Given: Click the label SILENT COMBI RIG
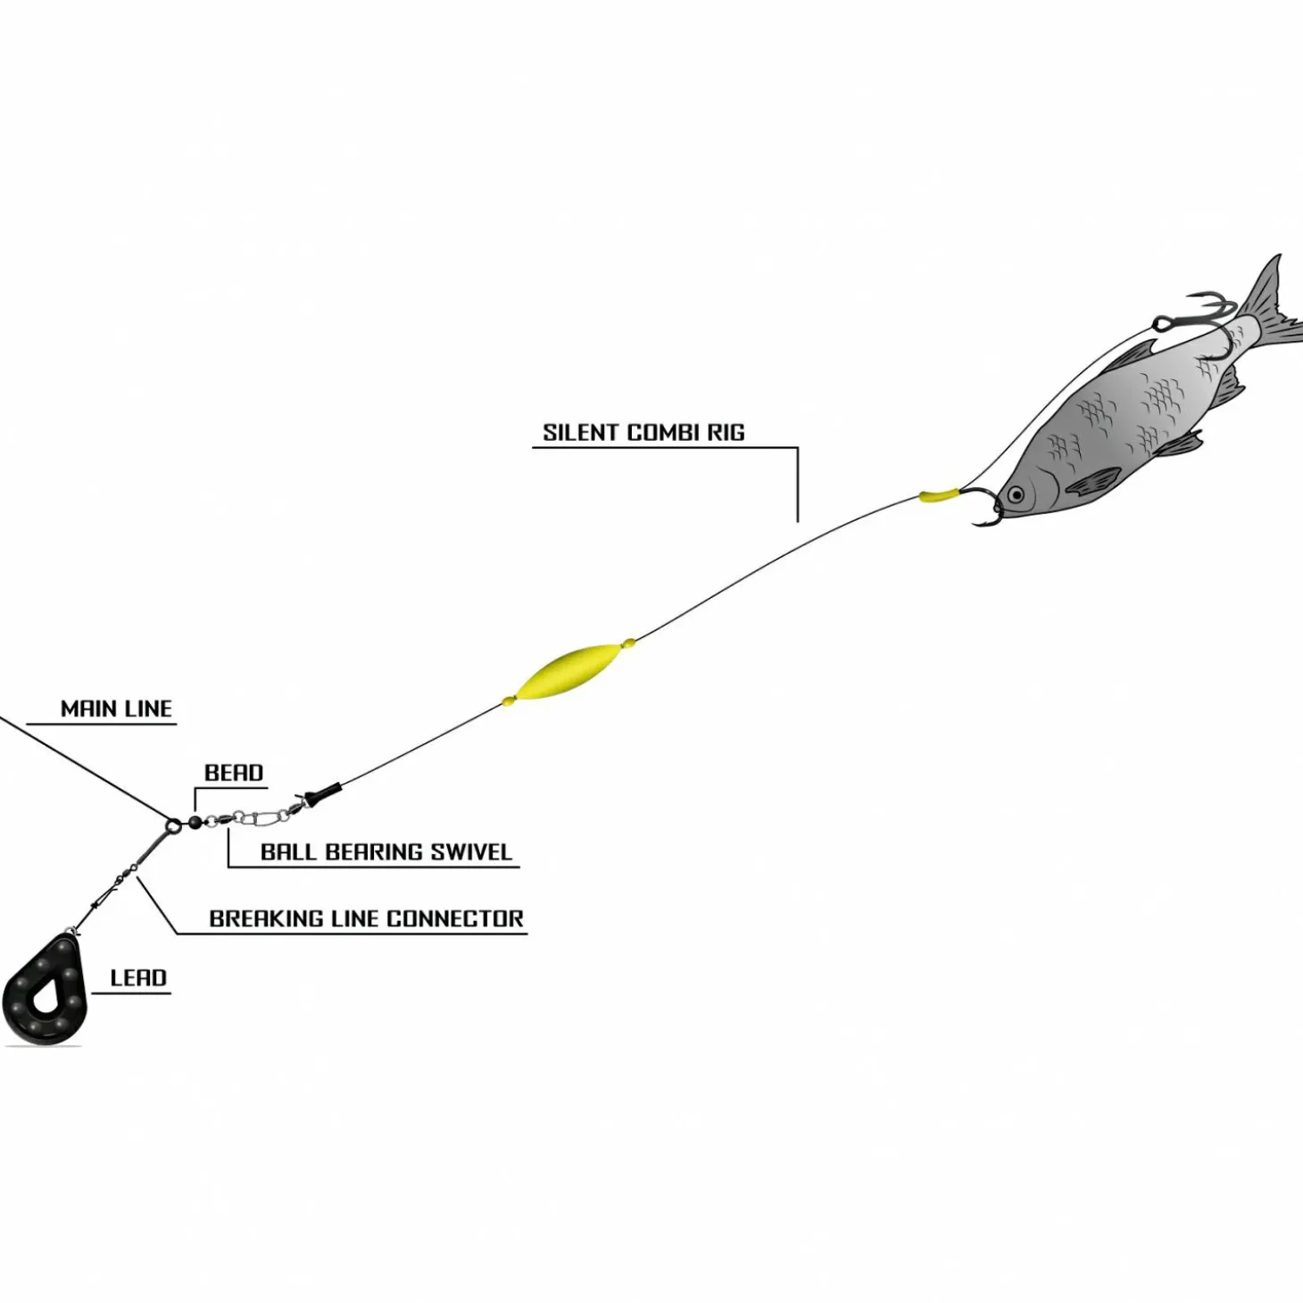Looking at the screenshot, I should [643, 433].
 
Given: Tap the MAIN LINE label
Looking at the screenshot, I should [116, 710].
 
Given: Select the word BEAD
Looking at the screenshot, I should [234, 773].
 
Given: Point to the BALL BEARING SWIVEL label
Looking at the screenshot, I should [386, 852].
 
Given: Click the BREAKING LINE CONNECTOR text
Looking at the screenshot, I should [366, 919].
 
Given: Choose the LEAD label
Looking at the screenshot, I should [138, 978].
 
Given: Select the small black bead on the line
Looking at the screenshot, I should [195, 822].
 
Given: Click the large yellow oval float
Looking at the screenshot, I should [568, 672].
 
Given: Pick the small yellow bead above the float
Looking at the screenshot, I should [629, 642].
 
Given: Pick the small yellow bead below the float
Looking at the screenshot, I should [509, 701].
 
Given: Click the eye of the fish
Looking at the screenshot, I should [1015, 494].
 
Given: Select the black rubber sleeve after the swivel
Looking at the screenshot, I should [321, 793].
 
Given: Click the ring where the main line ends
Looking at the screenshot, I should [172, 823].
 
